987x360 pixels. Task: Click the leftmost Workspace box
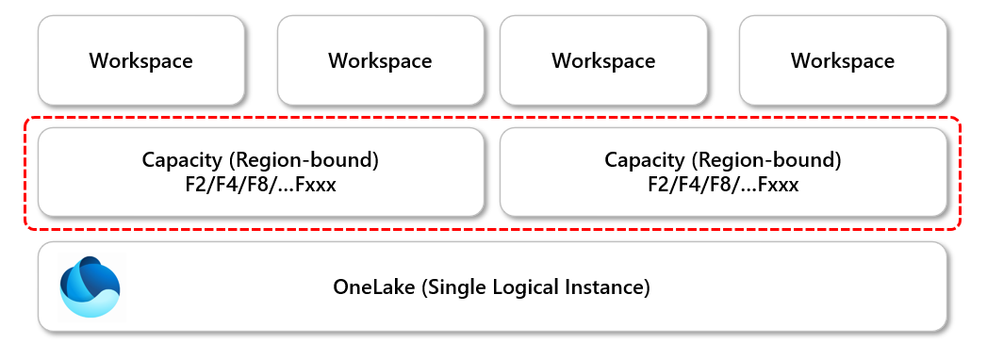[141, 60]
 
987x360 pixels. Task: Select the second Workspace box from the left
[380, 60]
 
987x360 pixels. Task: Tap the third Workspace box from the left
[603, 60]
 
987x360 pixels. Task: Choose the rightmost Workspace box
[843, 60]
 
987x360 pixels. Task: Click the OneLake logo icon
[89, 286]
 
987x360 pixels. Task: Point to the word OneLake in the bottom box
[370, 286]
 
